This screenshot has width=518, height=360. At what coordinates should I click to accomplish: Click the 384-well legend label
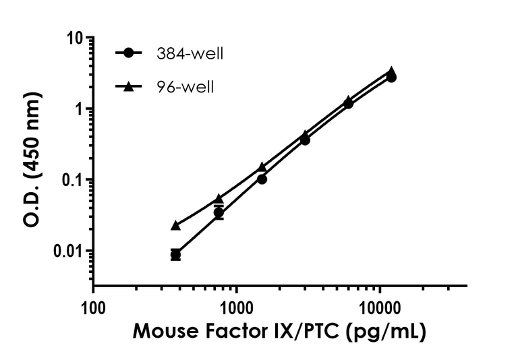click(x=198, y=53)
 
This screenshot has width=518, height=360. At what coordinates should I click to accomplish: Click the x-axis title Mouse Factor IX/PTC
click(x=279, y=332)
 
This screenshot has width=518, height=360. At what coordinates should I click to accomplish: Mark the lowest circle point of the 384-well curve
click(x=175, y=254)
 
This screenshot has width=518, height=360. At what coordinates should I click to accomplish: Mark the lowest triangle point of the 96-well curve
click(x=175, y=225)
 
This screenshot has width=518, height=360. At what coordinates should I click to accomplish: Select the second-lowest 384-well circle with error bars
click(x=219, y=213)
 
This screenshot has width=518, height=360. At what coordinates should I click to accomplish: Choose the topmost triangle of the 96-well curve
click(x=391, y=71)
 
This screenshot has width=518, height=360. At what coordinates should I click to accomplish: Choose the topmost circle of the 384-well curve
click(x=391, y=78)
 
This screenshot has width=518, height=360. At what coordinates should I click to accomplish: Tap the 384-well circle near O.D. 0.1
click(x=262, y=179)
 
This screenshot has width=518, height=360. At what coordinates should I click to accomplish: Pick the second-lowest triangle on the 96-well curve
click(x=219, y=199)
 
